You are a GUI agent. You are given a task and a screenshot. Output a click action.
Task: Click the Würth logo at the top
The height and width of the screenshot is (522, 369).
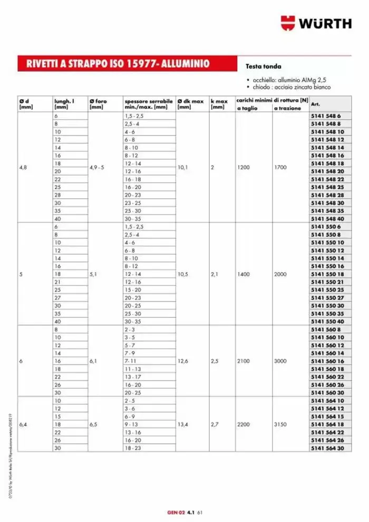coord(316,23)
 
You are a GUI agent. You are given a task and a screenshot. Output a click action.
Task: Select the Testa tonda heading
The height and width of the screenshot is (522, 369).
coord(264,66)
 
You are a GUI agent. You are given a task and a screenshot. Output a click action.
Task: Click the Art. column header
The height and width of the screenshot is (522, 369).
coord(316,104)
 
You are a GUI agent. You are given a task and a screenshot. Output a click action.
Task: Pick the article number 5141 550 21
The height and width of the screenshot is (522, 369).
coord(327,282)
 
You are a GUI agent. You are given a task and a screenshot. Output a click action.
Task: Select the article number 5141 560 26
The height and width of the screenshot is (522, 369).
coord(327,385)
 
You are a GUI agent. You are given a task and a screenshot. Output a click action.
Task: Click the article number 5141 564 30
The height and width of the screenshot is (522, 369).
coord(327,448)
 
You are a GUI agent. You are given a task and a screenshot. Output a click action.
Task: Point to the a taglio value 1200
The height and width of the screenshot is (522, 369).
coord(244,167)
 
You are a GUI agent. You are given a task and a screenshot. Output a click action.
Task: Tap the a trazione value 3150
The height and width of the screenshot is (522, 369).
coord(281,424)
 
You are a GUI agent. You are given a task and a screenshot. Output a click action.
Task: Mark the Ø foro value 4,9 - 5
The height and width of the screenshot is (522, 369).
coord(96,167)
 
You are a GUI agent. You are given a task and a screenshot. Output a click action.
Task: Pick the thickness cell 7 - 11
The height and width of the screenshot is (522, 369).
coord(130,361)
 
